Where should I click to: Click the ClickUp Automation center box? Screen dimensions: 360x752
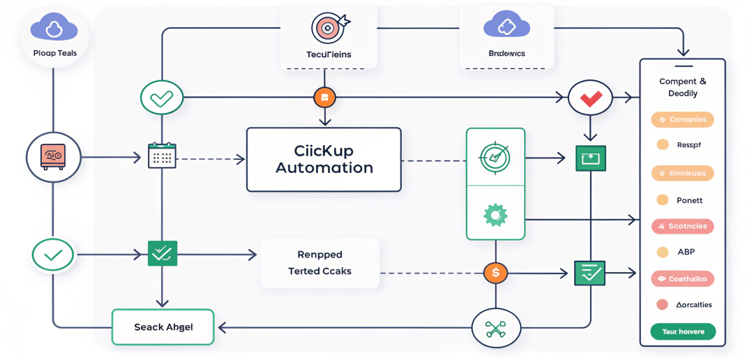tap(324, 160)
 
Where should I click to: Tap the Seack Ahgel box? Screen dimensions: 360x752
tap(163, 327)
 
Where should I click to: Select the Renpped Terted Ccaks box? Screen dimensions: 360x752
tap(319, 263)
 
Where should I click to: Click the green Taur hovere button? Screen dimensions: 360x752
tap(683, 332)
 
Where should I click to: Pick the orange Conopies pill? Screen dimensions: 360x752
tap(682, 119)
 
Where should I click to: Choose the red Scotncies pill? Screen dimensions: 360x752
tap(682, 226)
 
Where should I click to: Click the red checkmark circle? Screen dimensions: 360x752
tap(590, 98)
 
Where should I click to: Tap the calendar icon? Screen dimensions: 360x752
tap(163, 155)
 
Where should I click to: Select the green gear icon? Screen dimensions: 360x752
tap(495, 214)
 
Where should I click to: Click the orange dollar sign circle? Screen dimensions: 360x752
tap(495, 273)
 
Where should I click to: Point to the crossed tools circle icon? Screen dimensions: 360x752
tap(496, 327)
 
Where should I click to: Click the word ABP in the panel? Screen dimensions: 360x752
tap(686, 252)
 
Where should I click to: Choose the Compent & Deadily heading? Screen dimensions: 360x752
tap(682, 87)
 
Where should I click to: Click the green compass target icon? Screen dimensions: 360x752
tap(495, 156)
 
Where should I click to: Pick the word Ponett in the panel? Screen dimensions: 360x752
tap(689, 200)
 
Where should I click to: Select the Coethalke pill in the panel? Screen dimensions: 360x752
tap(682, 279)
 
